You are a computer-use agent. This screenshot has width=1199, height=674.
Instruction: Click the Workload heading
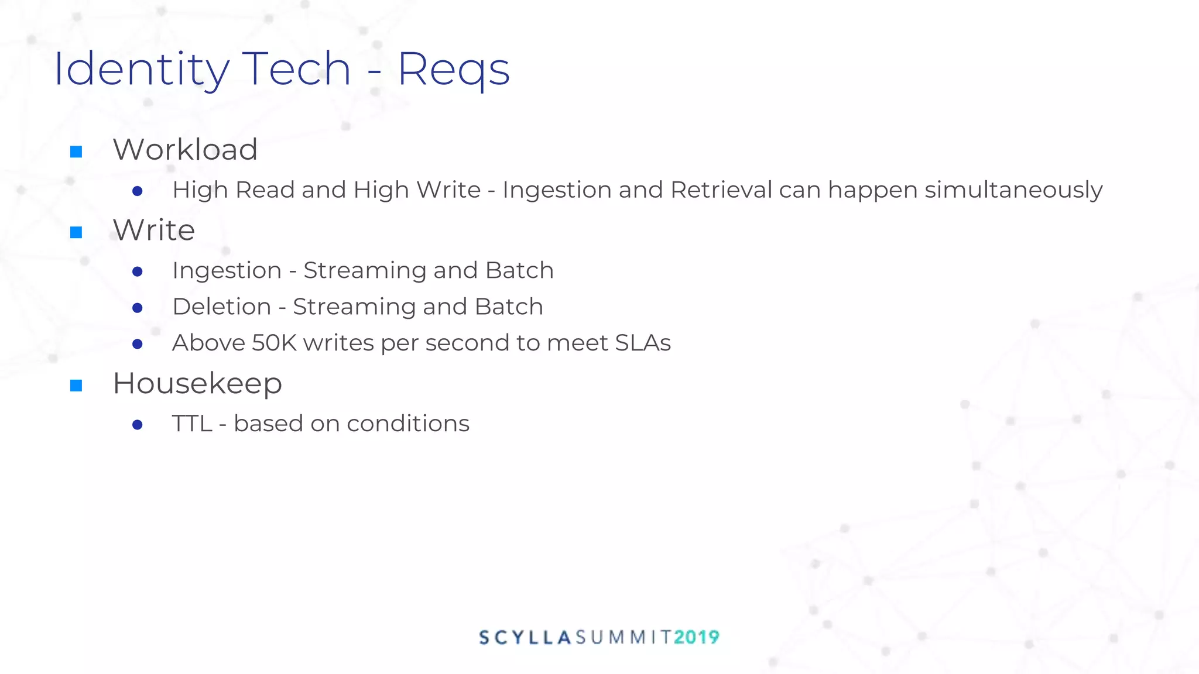pyautogui.click(x=185, y=150)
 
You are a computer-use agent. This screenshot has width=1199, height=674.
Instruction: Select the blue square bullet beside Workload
pyautogui.click(x=76, y=152)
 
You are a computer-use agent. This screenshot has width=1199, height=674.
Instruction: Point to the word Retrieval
pyautogui.click(x=721, y=190)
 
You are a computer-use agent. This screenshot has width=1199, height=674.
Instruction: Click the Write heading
pyautogui.click(x=153, y=230)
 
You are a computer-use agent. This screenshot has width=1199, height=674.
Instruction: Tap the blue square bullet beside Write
pyautogui.click(x=76, y=233)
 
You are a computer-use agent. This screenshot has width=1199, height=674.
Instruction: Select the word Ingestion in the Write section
pyautogui.click(x=227, y=271)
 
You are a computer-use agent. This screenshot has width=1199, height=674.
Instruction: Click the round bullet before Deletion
pyautogui.click(x=138, y=308)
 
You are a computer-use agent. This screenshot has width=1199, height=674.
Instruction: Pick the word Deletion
pyautogui.click(x=221, y=307)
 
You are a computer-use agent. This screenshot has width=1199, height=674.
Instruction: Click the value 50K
pyautogui.click(x=274, y=343)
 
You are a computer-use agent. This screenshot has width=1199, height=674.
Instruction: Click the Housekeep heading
pyautogui.click(x=197, y=384)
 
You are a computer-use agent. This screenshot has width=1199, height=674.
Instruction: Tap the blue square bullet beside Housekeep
pyautogui.click(x=76, y=386)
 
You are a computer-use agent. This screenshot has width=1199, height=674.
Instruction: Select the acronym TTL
pyautogui.click(x=191, y=424)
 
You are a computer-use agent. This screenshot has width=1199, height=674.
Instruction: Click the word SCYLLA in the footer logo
pyautogui.click(x=525, y=637)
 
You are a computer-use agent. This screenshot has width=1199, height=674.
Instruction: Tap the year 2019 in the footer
pyautogui.click(x=696, y=637)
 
